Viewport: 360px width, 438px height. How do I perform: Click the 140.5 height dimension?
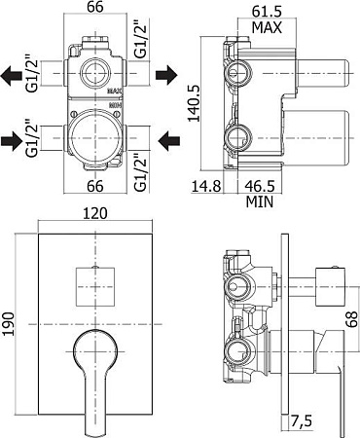pyautogui.click(x=195, y=103)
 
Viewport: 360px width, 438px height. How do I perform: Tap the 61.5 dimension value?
pyautogui.click(x=267, y=12)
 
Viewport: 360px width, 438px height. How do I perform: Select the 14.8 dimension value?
pyautogui.click(x=206, y=187)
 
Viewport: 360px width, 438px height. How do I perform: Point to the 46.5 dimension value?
pyautogui.click(x=260, y=186)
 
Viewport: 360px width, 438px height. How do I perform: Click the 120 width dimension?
pyautogui.click(x=95, y=213)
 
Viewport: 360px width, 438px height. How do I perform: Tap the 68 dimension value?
pyautogui.click(x=351, y=319)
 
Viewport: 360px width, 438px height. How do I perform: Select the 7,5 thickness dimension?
pyautogui.click(x=301, y=421)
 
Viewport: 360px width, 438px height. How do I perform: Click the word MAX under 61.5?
pyautogui.click(x=267, y=27)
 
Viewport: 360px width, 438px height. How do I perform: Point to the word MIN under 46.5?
pyautogui.click(x=260, y=201)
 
